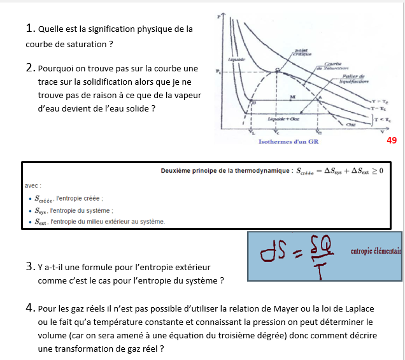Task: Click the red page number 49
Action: coord(392,140)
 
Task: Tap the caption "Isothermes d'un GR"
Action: coord(288,141)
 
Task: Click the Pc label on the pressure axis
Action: coord(218,71)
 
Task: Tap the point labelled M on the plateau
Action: coord(292,97)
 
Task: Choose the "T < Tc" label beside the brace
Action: coord(385,119)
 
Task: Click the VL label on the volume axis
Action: coord(253,133)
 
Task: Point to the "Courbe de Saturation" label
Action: coord(333,66)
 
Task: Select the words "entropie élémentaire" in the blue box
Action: coord(376,251)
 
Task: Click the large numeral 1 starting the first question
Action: coord(30,29)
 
